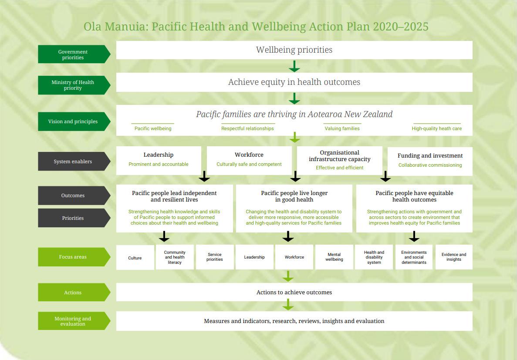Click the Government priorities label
73,54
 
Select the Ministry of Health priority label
73,85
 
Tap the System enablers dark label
73,161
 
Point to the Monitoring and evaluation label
73,321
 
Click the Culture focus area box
135,258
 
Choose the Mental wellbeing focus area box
334,257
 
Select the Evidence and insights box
454,257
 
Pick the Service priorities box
215,257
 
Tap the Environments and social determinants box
414,257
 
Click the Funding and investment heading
430,156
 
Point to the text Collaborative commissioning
430,165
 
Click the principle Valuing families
342,128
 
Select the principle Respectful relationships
247,128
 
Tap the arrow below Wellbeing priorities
294,66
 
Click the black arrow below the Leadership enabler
204,177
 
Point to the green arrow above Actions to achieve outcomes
288,276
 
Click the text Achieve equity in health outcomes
294,82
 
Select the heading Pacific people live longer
294,193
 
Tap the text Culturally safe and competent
249,164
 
